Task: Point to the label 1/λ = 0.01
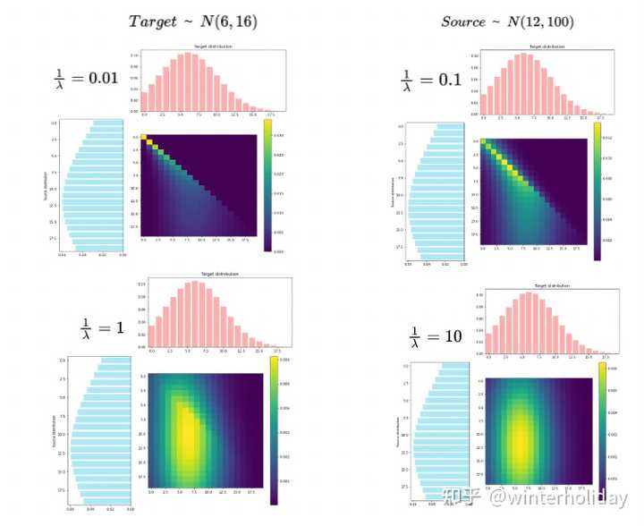(85, 78)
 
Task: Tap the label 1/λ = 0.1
(430, 78)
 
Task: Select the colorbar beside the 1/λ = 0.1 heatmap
(597, 191)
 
